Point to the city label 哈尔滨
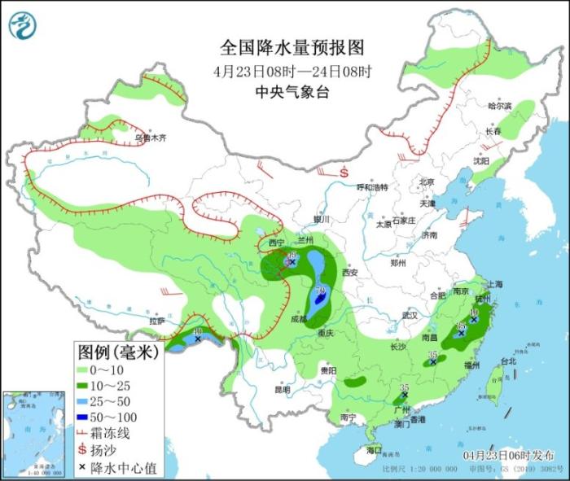499,106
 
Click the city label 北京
427,181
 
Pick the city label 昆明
282,389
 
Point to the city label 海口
374,449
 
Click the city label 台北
508,361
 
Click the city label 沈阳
481,161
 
